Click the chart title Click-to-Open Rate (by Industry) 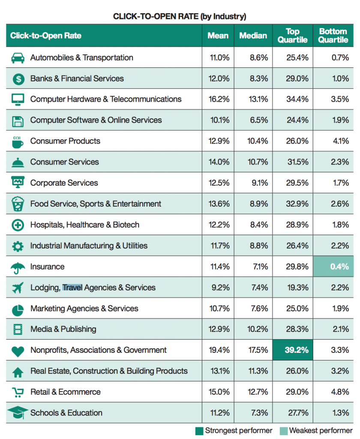click(180, 17)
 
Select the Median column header click(253, 36)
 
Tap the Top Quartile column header click(293, 36)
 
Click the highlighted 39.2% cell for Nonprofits click(293, 350)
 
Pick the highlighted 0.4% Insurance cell click(333, 266)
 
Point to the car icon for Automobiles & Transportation click(18, 58)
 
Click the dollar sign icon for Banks click(18, 79)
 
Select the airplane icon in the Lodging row click(18, 288)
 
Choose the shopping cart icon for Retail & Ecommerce click(18, 392)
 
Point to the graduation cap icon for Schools click(18, 413)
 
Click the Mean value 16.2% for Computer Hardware click(219, 99)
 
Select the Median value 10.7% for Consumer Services click(258, 162)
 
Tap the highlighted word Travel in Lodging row click(72, 288)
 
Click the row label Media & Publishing click(63, 329)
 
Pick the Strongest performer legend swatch click(199, 431)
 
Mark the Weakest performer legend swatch click(284, 431)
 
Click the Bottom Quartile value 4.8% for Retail click(340, 392)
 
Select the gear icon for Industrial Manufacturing click(18, 246)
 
